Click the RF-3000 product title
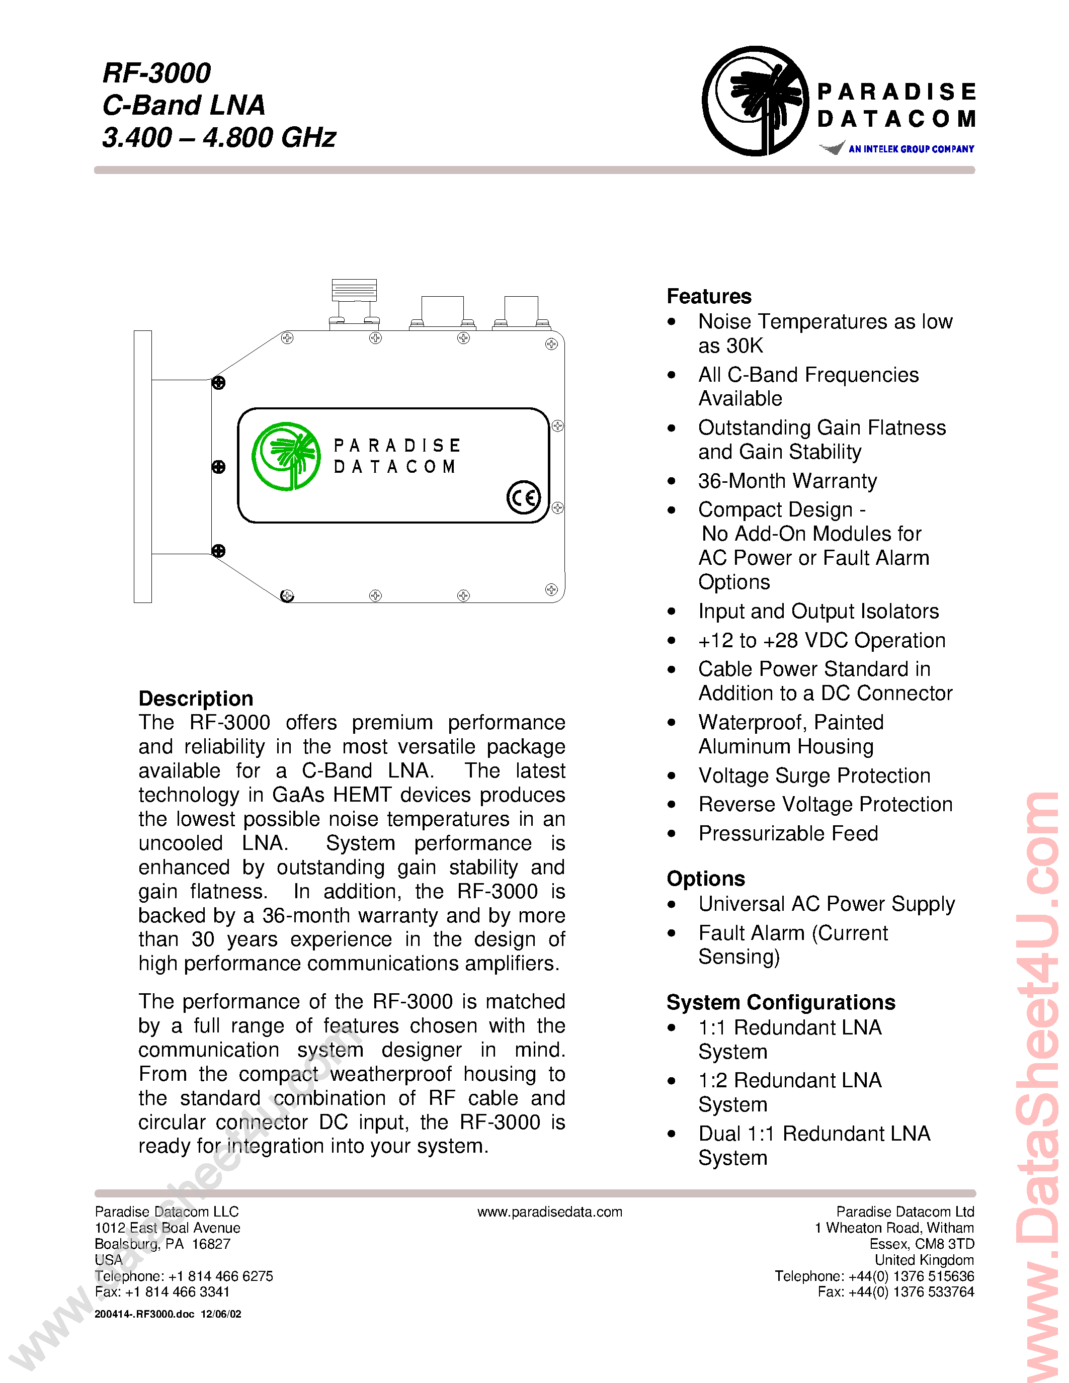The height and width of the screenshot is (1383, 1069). [x=156, y=73]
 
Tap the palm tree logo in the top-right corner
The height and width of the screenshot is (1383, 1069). [x=756, y=101]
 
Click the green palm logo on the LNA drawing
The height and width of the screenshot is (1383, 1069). [x=286, y=456]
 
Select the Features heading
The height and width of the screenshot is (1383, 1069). [x=709, y=296]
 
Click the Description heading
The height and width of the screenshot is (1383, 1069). [x=196, y=698]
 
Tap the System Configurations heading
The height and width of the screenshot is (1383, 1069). [x=780, y=1002]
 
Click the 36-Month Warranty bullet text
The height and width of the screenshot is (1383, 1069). [x=787, y=481]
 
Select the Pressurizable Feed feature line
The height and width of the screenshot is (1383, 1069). [x=788, y=833]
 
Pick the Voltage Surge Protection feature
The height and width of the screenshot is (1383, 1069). [x=814, y=775]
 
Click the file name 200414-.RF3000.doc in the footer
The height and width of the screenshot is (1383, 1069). [x=144, y=1314]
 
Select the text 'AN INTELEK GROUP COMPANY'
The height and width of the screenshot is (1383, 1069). [x=911, y=149]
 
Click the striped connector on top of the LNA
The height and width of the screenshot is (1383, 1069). [x=354, y=290]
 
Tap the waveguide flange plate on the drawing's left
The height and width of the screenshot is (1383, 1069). [x=142, y=466]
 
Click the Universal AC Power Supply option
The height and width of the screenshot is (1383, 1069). [x=826, y=904]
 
